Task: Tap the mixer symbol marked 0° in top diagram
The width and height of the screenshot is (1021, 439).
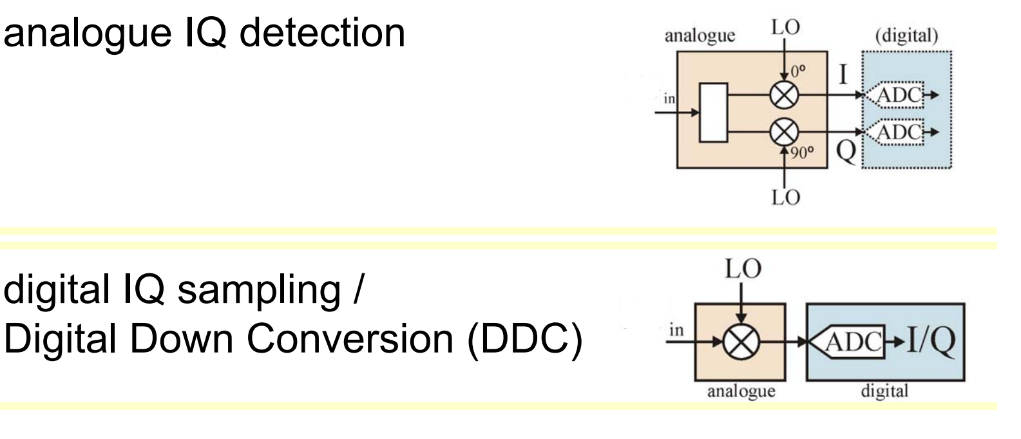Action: pos(784,97)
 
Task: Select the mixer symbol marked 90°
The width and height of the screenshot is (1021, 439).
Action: pos(784,133)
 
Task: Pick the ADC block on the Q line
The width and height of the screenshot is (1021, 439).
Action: pos(901,132)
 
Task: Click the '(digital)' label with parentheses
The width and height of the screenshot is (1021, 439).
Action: pos(906,37)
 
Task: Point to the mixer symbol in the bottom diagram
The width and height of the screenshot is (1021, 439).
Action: pos(741,338)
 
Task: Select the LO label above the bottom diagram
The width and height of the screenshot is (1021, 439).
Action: pos(744,269)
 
